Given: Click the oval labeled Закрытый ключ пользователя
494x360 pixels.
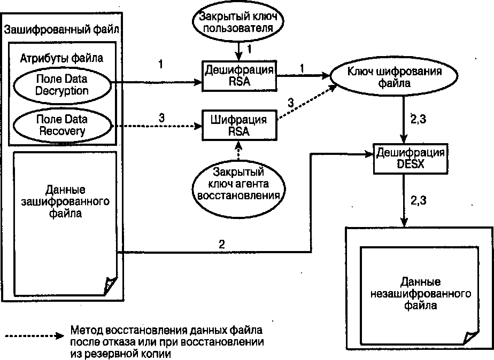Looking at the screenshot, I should coord(237,22).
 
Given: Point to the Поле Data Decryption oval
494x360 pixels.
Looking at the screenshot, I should coord(61,84).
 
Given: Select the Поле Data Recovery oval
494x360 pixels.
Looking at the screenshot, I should coord(61,124).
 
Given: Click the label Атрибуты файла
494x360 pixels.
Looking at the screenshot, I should coord(61,57).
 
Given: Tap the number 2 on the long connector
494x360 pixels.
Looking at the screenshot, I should coord(221,245).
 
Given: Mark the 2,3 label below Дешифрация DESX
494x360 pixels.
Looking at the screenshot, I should coord(419,200).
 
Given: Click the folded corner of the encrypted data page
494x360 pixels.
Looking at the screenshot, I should coord(110,284).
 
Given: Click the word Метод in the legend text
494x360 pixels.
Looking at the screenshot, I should coord(84,330).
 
